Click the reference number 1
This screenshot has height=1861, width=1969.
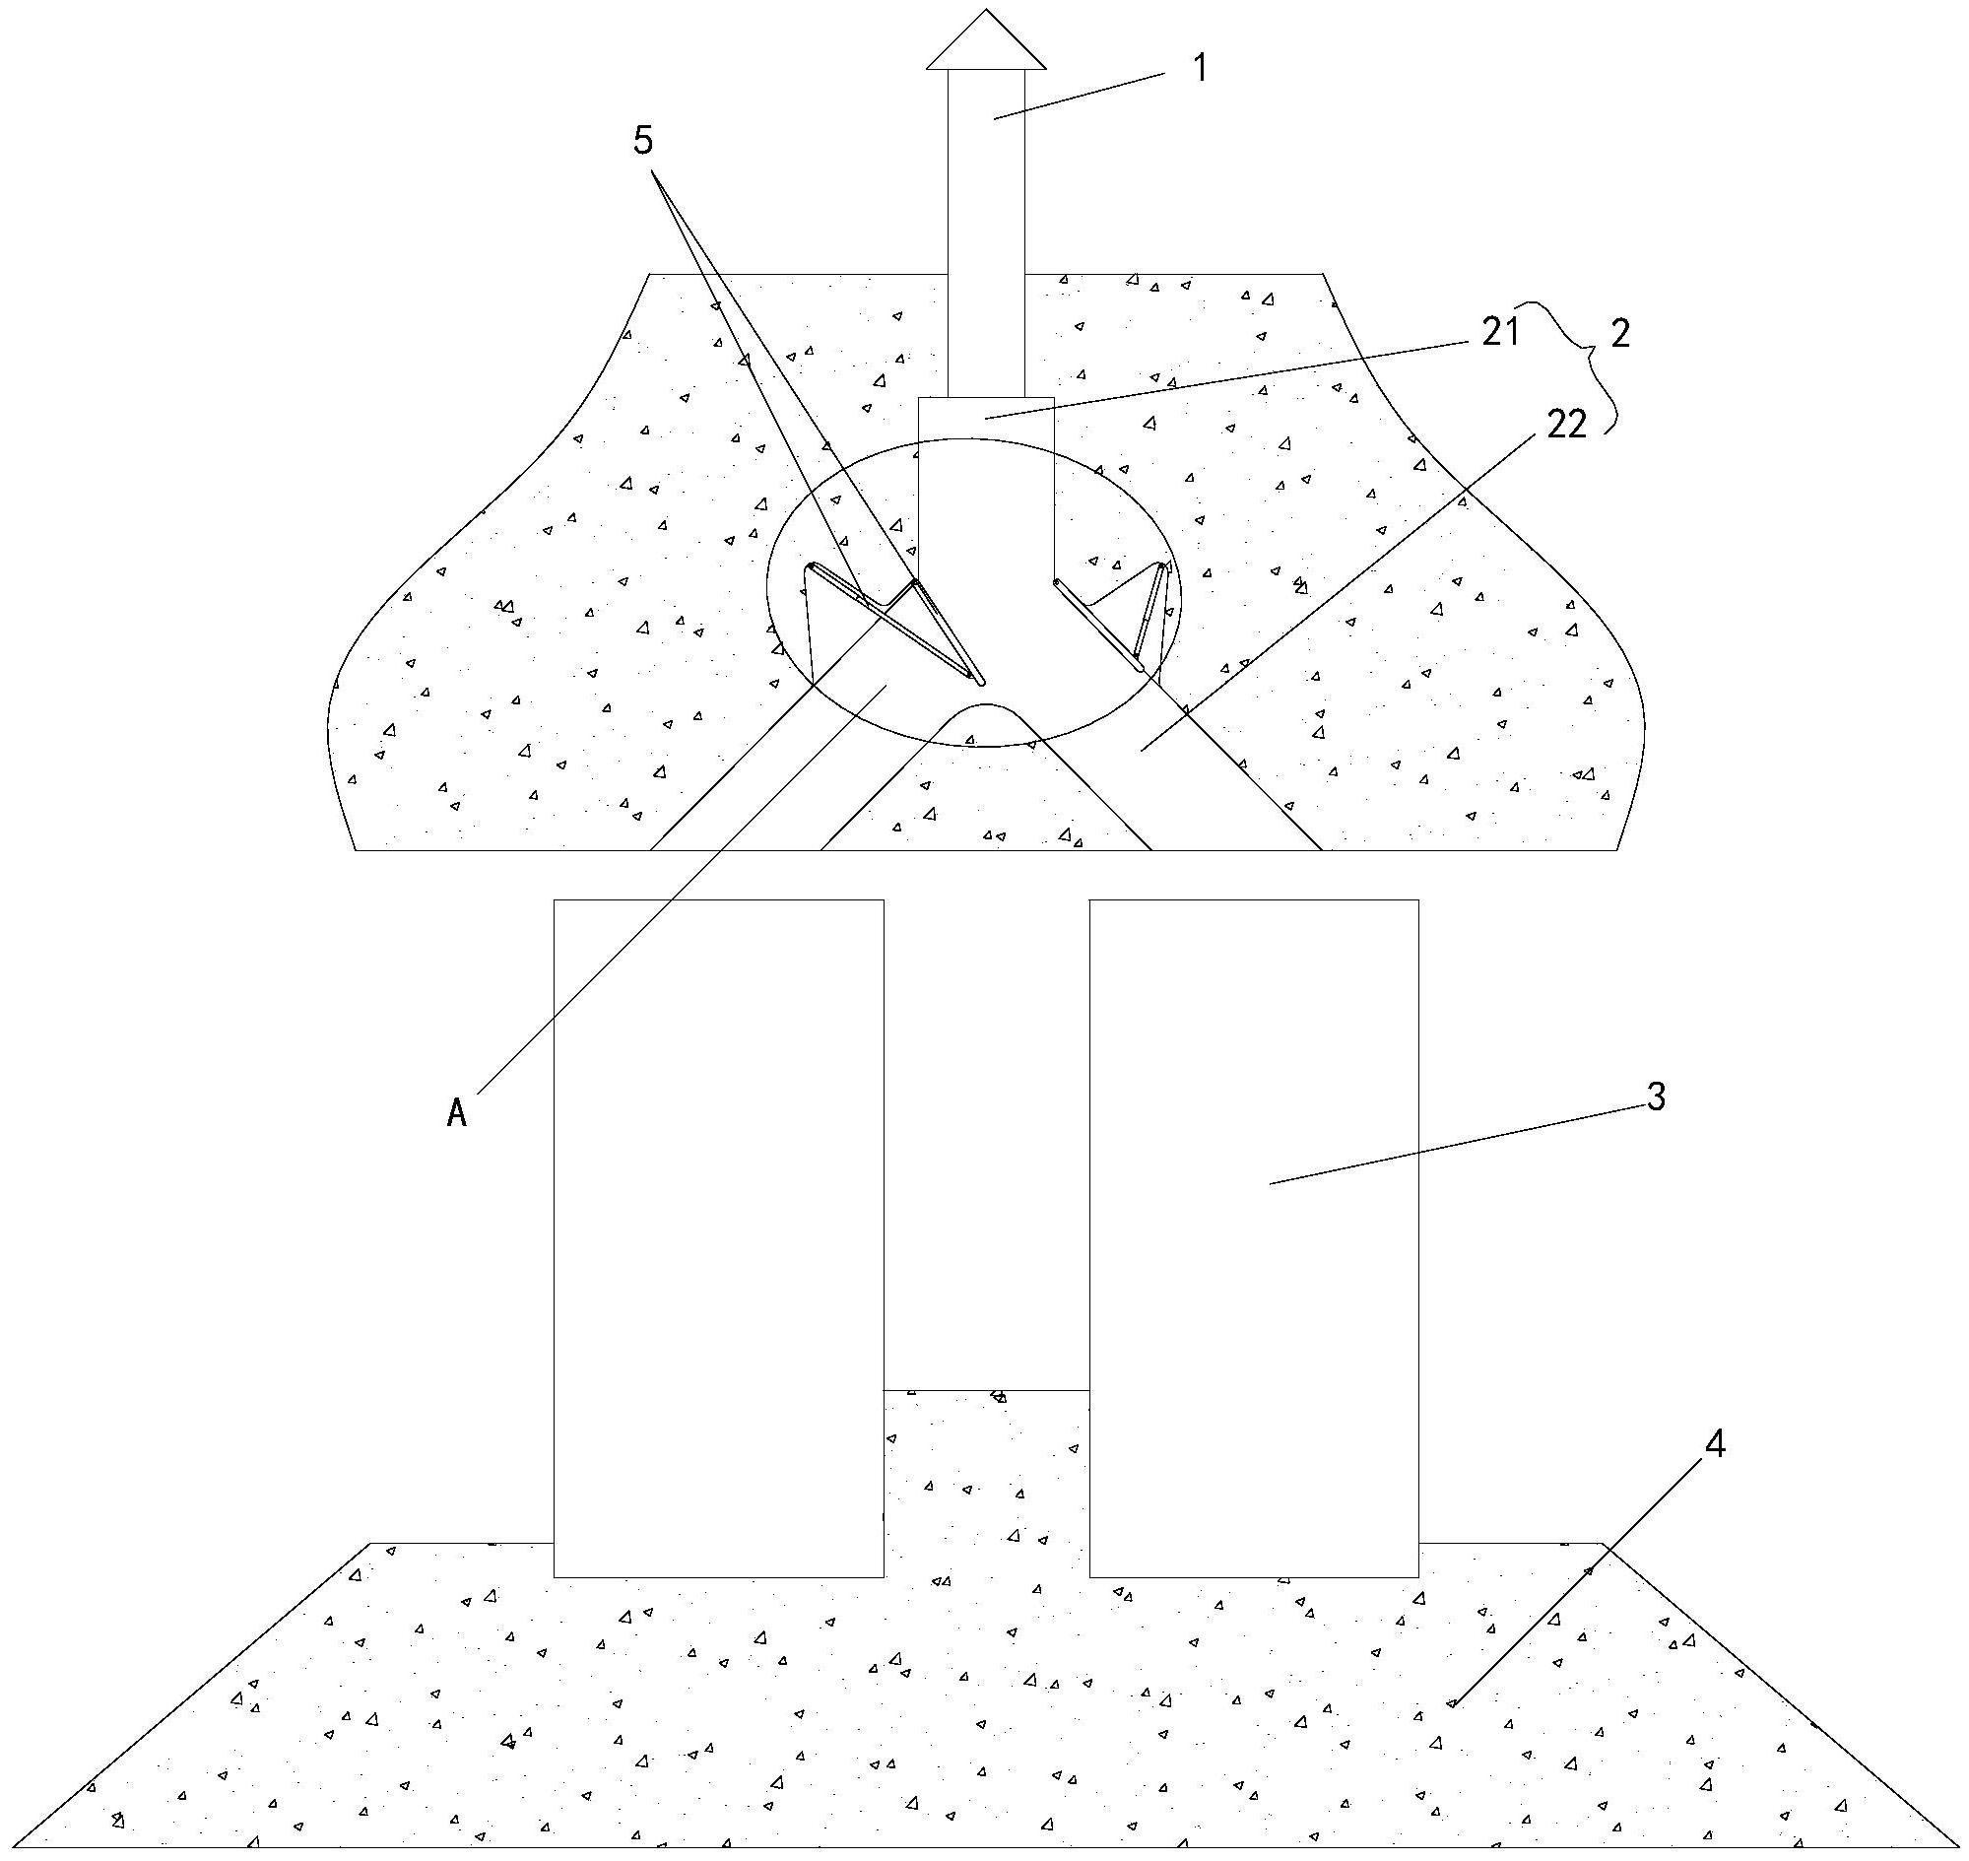(1201, 68)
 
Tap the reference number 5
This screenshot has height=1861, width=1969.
(643, 141)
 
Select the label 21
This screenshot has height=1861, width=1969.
(1501, 332)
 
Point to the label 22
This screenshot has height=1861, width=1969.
(1567, 424)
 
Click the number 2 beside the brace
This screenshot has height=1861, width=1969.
(1620, 333)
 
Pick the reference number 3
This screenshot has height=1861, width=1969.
(1656, 1097)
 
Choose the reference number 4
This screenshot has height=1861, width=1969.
(1715, 1445)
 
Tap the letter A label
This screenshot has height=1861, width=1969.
(456, 1114)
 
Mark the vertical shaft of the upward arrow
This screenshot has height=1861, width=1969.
(986, 233)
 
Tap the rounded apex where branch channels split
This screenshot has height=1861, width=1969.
(986, 705)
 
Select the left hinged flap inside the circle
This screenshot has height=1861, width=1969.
(892, 623)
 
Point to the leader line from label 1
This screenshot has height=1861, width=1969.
(1081, 97)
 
